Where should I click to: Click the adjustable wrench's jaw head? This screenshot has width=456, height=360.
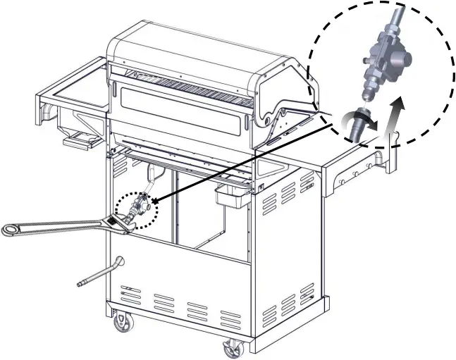125,223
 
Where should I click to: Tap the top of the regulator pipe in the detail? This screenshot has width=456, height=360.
398,14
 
